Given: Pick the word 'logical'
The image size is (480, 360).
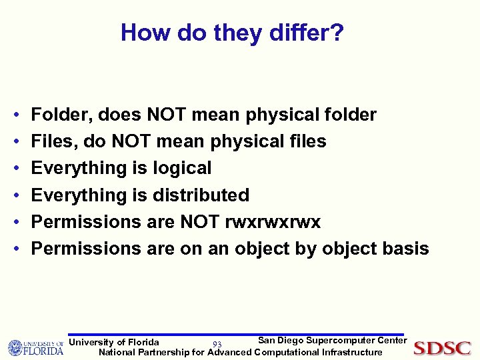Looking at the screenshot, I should point(182,168).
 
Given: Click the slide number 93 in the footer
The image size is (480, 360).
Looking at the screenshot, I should point(217,344).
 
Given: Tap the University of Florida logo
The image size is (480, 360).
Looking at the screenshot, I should point(35,347).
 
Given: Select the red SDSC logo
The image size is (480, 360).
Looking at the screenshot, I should point(442,348).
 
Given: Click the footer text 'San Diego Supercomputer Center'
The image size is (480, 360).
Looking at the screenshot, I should point(332,341).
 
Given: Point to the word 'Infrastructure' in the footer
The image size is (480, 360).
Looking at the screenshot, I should point(352,352).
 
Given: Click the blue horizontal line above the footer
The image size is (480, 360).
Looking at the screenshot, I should point(237,335).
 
